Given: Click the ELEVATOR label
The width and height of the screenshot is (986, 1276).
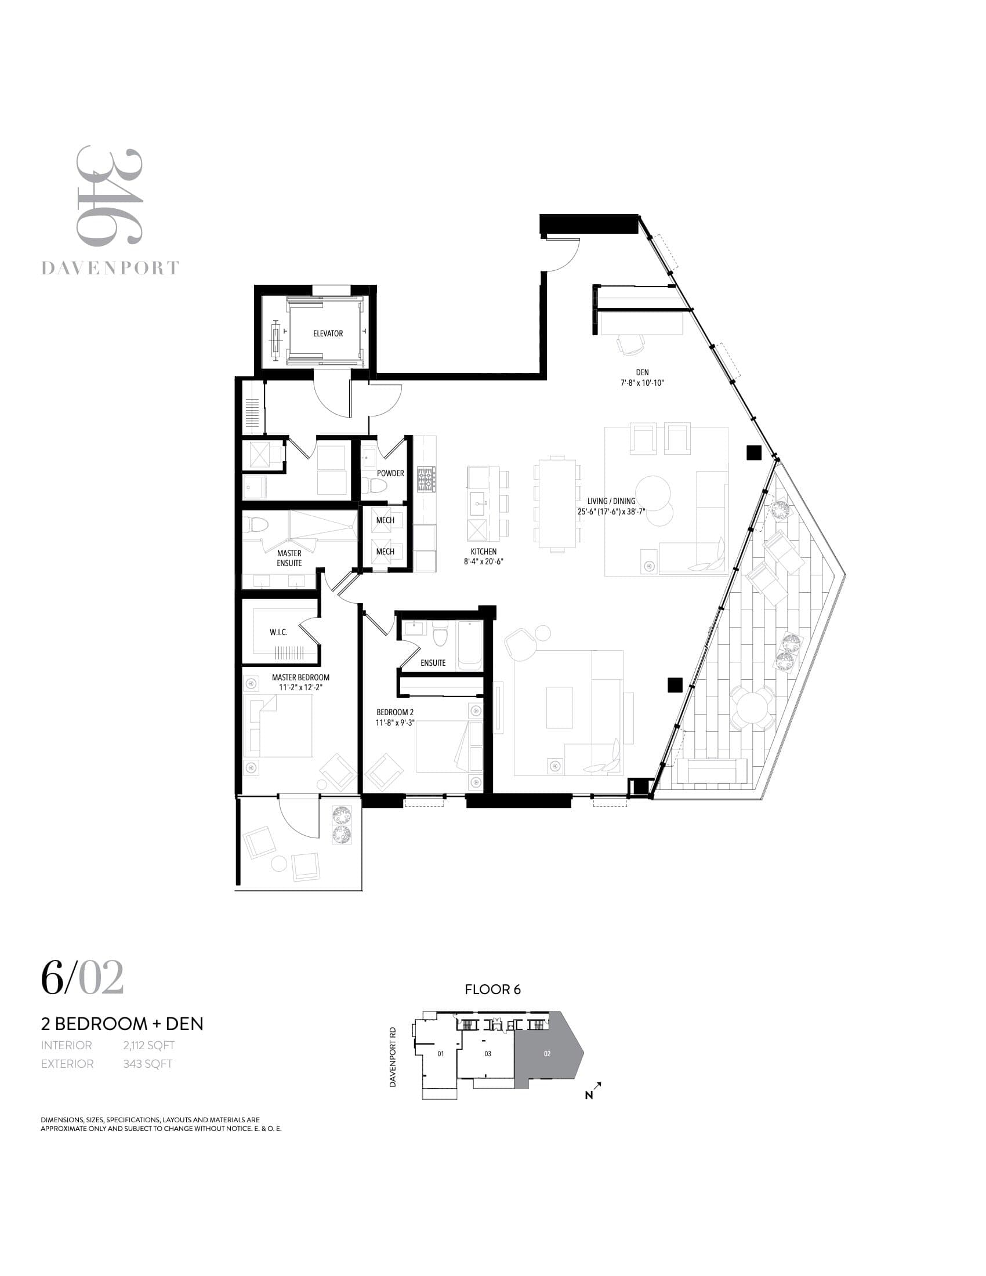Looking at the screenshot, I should [328, 333].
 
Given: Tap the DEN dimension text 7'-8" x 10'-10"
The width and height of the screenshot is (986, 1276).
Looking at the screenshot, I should [643, 383].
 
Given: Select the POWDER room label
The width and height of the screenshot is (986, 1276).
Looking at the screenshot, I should [390, 473].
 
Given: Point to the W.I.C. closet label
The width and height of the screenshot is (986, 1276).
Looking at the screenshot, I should [278, 632].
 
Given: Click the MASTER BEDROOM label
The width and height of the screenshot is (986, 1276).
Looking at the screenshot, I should [300, 677].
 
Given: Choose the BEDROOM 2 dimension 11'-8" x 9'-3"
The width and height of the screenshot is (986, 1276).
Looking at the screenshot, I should [395, 723].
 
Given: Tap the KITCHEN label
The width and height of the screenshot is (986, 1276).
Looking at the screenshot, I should [484, 552].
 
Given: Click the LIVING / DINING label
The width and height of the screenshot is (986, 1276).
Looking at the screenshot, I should [611, 501].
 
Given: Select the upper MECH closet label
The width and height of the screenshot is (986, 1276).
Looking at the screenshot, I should [385, 521].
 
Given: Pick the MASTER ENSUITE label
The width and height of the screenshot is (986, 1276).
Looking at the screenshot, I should [289, 558].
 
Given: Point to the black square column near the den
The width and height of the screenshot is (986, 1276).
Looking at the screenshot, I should [754, 452].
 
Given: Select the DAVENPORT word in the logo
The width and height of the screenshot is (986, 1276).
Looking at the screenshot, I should [110, 269].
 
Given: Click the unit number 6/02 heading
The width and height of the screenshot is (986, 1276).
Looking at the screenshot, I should [82, 977].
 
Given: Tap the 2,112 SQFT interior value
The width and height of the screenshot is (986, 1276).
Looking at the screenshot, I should [148, 1045].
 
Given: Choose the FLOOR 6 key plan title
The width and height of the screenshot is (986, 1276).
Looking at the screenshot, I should [492, 989].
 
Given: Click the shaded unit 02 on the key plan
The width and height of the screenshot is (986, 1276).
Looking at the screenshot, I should [548, 1054].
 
